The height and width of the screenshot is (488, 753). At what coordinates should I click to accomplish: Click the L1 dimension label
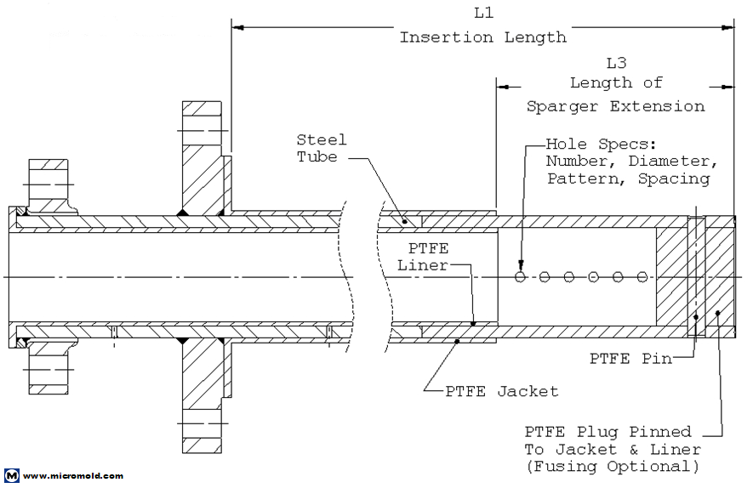pos(482,14)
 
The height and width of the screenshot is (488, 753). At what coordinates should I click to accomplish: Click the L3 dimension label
pos(615,63)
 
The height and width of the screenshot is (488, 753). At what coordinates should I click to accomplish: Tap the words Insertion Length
pos(482,37)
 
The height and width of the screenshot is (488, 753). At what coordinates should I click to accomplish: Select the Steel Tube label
pos(322,148)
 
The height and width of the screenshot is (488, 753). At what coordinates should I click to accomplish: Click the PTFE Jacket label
pos(502,391)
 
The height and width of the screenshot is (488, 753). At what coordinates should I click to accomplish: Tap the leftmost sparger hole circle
pos(520,277)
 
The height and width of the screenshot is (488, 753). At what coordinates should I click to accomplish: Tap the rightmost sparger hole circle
pos(642,277)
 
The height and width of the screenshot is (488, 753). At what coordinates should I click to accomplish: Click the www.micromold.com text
pos(73,476)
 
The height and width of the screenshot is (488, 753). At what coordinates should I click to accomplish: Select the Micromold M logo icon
pos(12,476)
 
